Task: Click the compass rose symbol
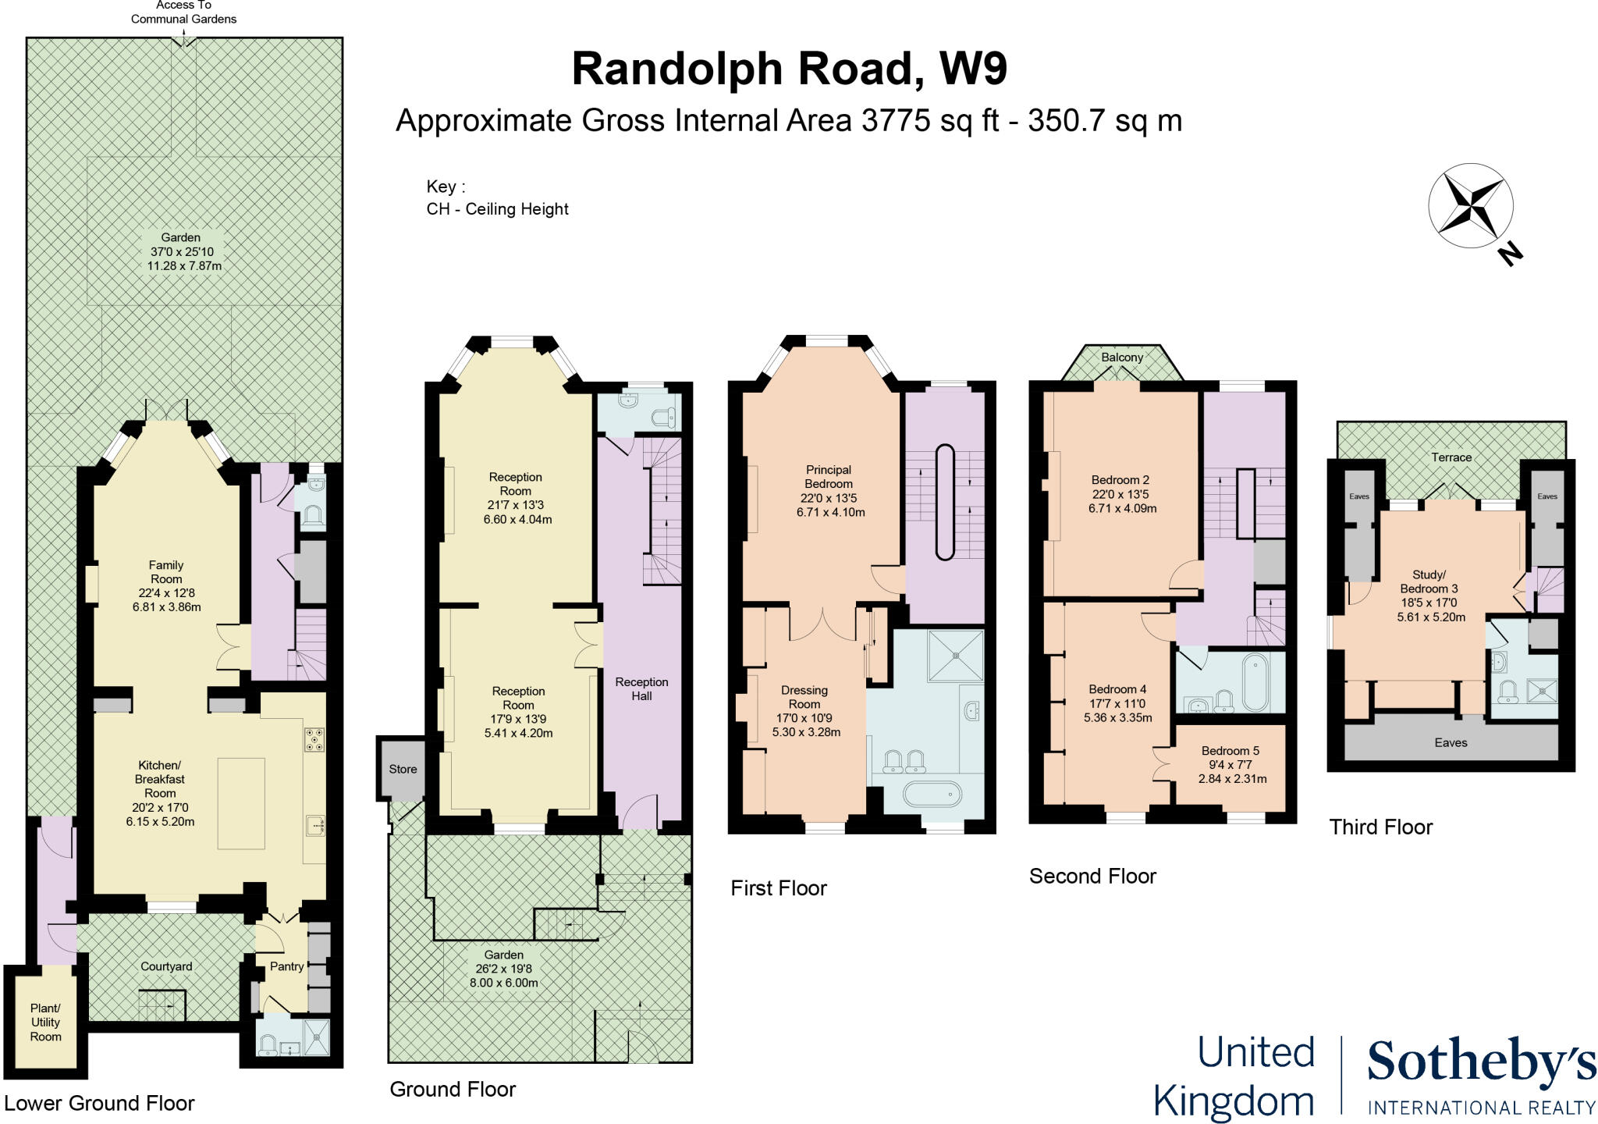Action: (1470, 207)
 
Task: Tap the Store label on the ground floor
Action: (403, 769)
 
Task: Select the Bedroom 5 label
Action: (1230, 751)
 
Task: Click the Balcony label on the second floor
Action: (1122, 357)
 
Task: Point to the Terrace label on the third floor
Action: (1451, 457)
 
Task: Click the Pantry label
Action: (286, 966)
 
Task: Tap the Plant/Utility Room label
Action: (45, 1023)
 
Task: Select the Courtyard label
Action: (166, 966)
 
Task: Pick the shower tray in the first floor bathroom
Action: (955, 656)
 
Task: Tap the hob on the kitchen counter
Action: (314, 739)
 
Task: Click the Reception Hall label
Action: (641, 688)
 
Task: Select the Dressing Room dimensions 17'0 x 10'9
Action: (804, 718)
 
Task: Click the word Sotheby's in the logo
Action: (1480, 1063)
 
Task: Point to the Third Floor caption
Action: (1380, 827)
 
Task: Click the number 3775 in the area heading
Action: (896, 121)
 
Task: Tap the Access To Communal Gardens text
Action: (183, 12)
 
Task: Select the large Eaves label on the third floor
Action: (1451, 742)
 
